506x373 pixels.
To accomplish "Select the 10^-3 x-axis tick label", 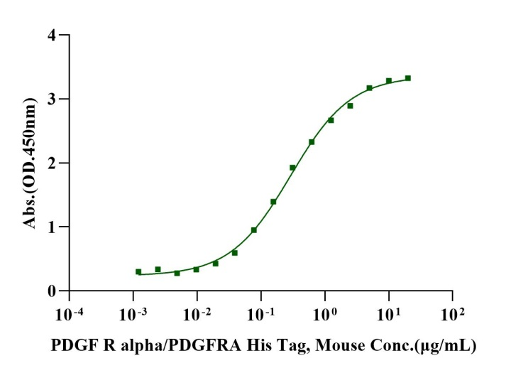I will [133, 312].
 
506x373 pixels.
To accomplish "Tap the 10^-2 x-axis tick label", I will [197, 312].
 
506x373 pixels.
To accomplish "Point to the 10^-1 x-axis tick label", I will [261, 312].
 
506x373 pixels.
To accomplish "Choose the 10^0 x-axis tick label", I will [326, 312].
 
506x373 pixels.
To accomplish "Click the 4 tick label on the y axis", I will [51, 35].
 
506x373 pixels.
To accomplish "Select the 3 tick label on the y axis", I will [51, 99].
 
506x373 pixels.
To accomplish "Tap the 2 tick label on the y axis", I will [51, 163].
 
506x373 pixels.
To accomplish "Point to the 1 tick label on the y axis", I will [51, 227].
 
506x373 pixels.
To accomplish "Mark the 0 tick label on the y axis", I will [51, 291].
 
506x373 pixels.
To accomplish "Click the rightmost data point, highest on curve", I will [408, 78].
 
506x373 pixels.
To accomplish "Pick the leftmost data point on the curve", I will [138, 271].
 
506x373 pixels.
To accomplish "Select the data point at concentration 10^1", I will [389, 81].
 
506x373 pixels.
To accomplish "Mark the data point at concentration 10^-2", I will [197, 269].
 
